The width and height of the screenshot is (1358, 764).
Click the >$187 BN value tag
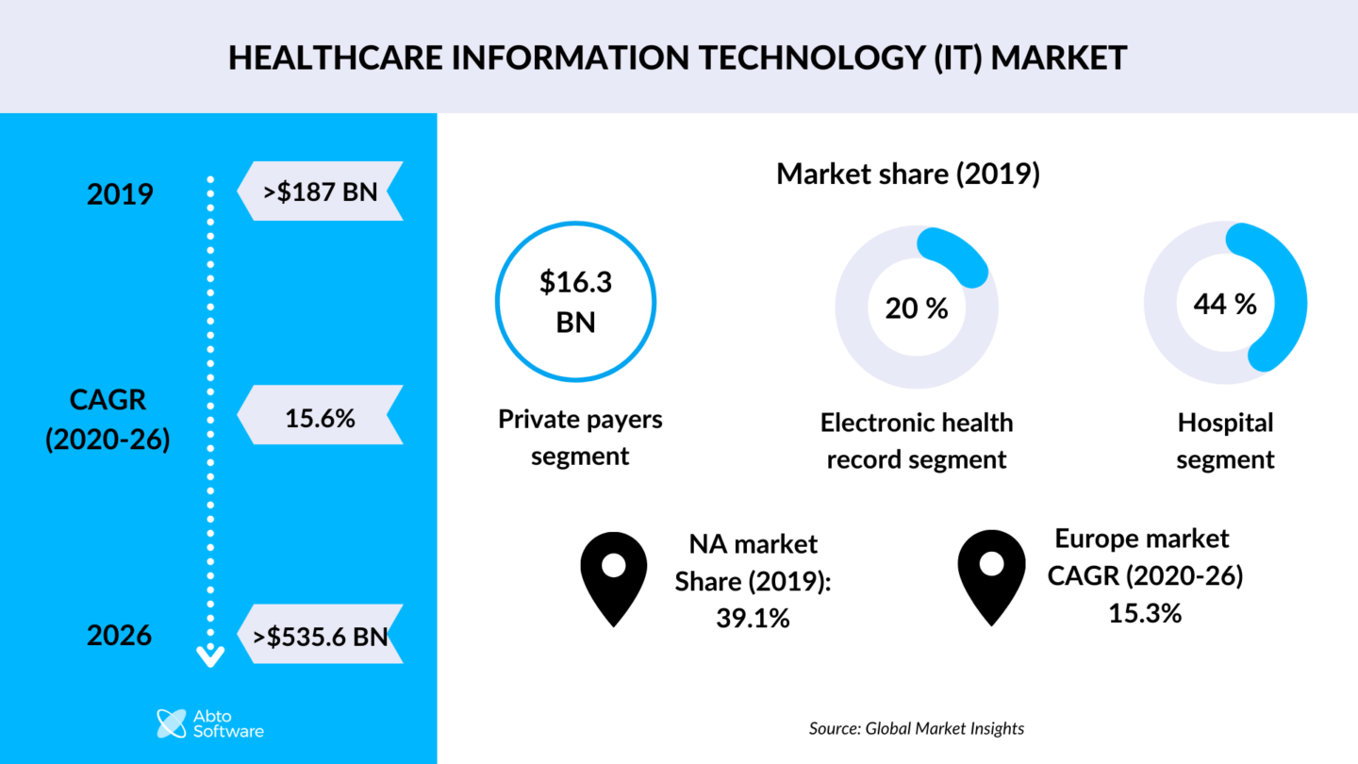click(320, 191)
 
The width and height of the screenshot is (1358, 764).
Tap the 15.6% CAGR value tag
click(320, 416)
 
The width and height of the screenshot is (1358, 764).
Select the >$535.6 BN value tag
click(320, 636)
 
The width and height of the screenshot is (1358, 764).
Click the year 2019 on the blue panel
click(120, 194)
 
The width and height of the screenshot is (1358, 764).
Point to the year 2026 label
click(120, 636)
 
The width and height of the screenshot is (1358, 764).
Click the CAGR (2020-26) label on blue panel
click(108, 420)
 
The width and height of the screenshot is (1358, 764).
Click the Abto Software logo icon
click(172, 722)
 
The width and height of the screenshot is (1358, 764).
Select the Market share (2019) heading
click(907, 174)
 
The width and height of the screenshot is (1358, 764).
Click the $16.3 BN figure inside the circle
click(575, 302)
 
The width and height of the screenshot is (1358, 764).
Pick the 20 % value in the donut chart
click(917, 308)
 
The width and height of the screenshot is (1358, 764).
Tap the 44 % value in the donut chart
click(1225, 304)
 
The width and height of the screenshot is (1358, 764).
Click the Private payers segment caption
click(580, 438)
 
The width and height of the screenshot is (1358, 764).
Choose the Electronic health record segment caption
click(917, 440)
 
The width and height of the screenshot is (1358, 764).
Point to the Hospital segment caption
click(1225, 440)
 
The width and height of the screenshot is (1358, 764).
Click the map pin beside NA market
click(614, 576)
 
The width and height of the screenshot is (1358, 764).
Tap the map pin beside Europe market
click(991, 574)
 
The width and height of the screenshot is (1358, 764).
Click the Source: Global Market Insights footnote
click(916, 728)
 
